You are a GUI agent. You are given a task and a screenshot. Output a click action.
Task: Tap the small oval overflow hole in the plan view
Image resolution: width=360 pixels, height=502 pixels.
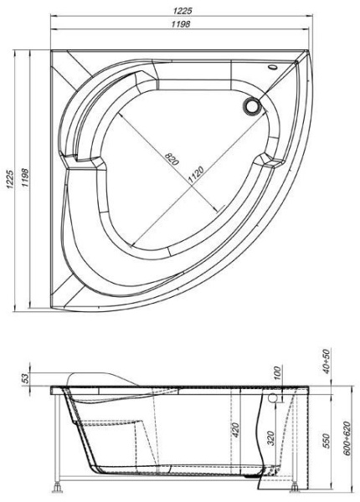point(274,69)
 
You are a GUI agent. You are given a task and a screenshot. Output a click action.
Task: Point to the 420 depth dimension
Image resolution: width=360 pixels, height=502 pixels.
point(236,431)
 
